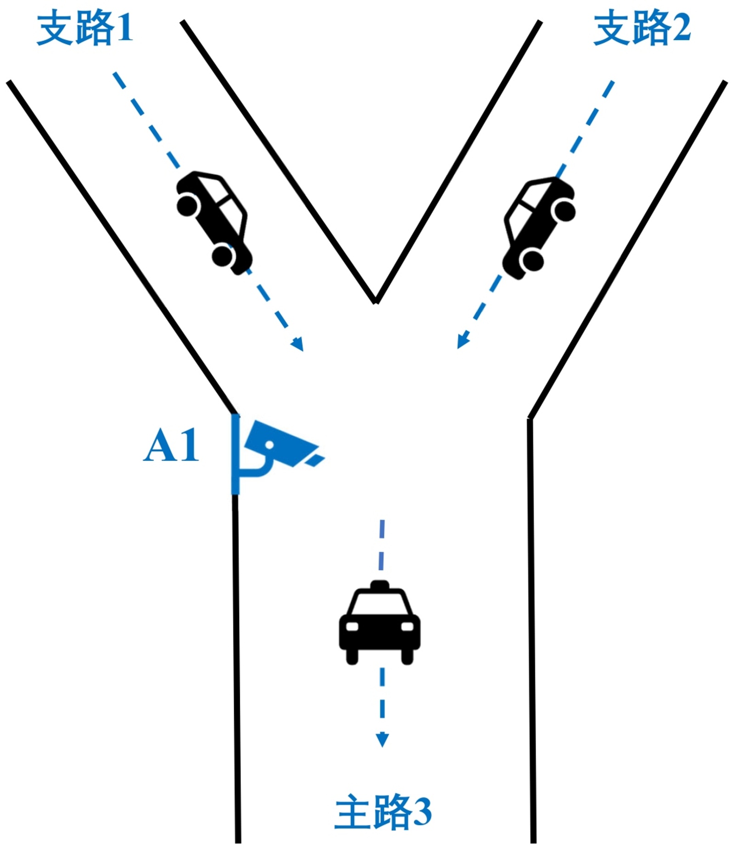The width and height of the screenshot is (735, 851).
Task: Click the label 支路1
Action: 85,28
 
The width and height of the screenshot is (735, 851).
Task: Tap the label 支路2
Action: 642,28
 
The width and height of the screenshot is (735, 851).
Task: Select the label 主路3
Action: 383,812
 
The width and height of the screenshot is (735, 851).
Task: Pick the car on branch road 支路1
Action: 214,222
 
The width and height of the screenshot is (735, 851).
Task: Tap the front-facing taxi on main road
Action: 379,623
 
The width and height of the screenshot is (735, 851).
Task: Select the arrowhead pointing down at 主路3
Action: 382,740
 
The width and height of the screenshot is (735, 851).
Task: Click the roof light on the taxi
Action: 379,584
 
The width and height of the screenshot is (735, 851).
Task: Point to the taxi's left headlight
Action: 352,626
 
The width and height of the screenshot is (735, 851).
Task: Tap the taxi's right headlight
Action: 407,626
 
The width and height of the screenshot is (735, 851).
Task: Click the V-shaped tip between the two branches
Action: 376,301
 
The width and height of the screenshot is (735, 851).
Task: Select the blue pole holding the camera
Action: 235,455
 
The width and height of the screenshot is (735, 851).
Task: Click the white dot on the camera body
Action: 269,445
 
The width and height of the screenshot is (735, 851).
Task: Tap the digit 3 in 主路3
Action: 421,812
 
